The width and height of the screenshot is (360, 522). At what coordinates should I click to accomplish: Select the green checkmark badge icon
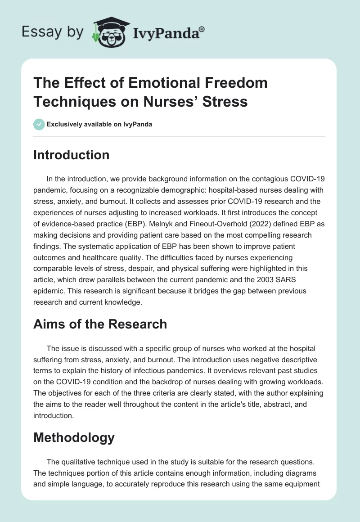pos(39,124)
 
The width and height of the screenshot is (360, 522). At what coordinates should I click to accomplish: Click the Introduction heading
pos(71,155)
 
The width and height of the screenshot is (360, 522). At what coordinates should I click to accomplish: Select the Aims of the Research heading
pos(100,324)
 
